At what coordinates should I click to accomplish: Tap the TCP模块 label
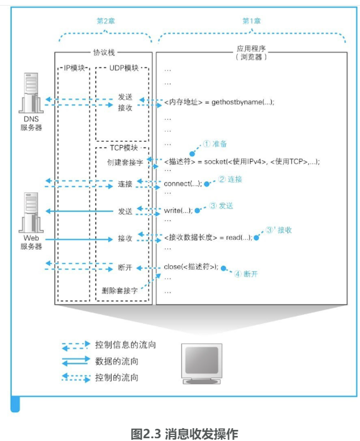tap(122, 148)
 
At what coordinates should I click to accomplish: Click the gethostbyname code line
tap(219, 102)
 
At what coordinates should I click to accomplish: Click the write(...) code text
tap(178, 210)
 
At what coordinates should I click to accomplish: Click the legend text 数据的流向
tap(117, 361)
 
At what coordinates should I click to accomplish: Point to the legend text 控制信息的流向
tap(126, 345)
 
